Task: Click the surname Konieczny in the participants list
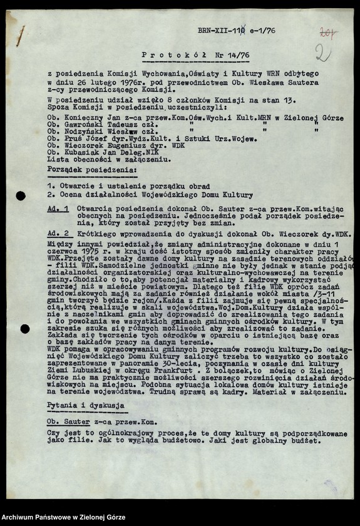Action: [x=78, y=118]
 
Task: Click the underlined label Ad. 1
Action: [x=58, y=207]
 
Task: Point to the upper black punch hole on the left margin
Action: [x=21, y=196]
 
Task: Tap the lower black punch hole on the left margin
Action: [x=21, y=329]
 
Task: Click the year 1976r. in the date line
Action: [x=129, y=82]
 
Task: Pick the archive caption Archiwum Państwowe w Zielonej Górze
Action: [x=63, y=517]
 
